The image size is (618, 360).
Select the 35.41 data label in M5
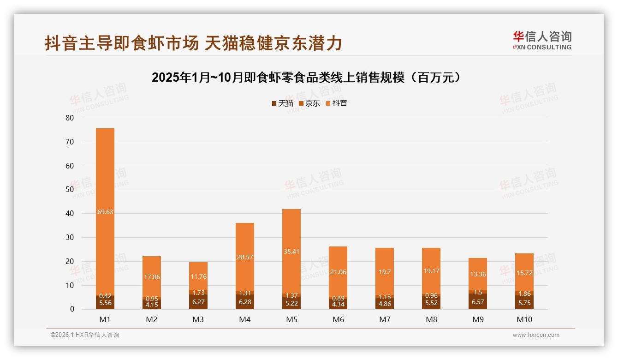point(291,252)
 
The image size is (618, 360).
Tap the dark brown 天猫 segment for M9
point(478,301)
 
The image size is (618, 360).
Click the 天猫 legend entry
point(282,103)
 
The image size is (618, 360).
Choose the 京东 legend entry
point(309,103)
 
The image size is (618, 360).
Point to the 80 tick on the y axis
point(70,118)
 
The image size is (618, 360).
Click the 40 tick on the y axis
point(70,213)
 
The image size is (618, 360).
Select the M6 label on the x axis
point(338,319)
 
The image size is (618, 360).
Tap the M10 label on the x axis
point(524,319)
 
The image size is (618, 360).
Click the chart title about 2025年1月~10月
point(306,78)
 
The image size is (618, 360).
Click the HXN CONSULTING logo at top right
point(542,41)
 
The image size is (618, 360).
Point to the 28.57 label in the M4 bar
point(245,257)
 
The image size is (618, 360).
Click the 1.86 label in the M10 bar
point(524,294)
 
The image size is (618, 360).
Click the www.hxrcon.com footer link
point(536,335)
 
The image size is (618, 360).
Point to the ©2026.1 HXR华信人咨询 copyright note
point(85,335)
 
